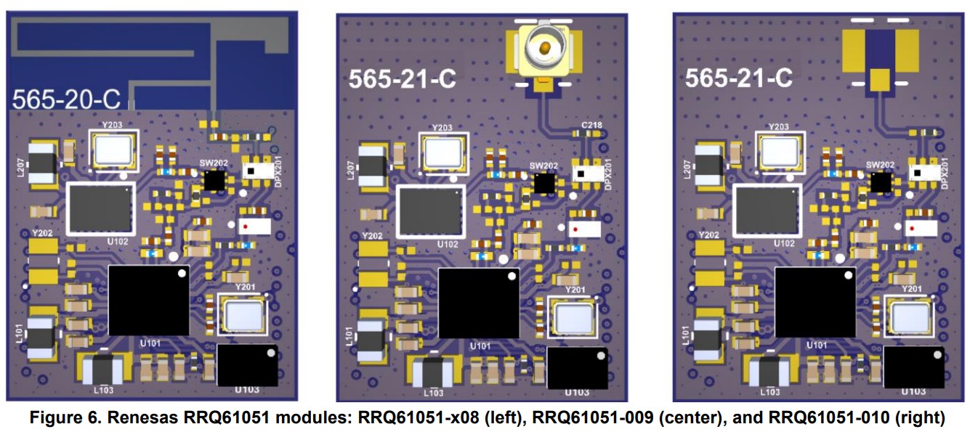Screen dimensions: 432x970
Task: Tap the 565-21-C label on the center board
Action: coord(402,78)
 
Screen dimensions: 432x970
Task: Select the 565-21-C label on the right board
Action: coord(738,78)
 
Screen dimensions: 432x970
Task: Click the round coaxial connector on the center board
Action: coord(544,49)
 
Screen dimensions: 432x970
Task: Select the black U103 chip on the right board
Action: coord(912,367)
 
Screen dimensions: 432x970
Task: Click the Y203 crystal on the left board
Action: coord(113,150)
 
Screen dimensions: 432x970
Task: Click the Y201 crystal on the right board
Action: coord(911,317)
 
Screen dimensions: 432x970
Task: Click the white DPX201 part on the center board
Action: coord(590,174)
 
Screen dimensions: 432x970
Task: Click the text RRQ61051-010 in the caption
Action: coord(809,417)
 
